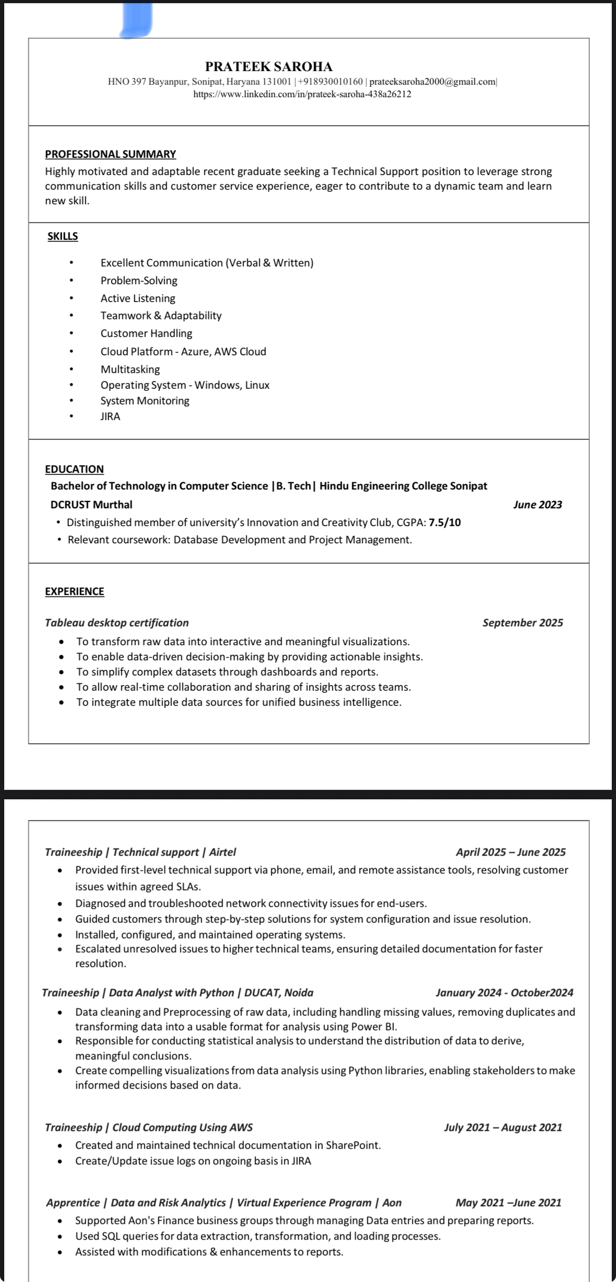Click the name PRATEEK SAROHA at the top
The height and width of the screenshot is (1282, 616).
(269, 67)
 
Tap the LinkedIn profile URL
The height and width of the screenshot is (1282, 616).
(302, 95)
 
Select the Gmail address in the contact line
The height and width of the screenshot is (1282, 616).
(433, 81)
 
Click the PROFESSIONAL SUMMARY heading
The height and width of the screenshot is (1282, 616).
(110, 154)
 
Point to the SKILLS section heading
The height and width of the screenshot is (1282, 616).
(63, 236)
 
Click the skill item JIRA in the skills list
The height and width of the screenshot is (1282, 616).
(110, 416)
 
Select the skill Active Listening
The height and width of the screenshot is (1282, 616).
(138, 298)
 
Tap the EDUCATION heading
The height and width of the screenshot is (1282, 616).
(74, 469)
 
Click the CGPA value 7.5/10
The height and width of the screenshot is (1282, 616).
(445, 522)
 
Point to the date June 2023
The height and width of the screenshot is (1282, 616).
(538, 505)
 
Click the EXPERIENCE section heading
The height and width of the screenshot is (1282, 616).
(74, 591)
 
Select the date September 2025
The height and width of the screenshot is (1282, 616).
(522, 623)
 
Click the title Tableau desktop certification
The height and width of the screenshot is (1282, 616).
(117, 623)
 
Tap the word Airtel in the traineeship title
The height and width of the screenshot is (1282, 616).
(223, 852)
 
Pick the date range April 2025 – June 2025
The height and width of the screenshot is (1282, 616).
(510, 852)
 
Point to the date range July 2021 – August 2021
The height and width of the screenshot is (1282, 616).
(503, 1127)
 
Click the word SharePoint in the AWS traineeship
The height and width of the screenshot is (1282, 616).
(353, 1145)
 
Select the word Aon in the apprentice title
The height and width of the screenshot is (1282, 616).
(392, 1203)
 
